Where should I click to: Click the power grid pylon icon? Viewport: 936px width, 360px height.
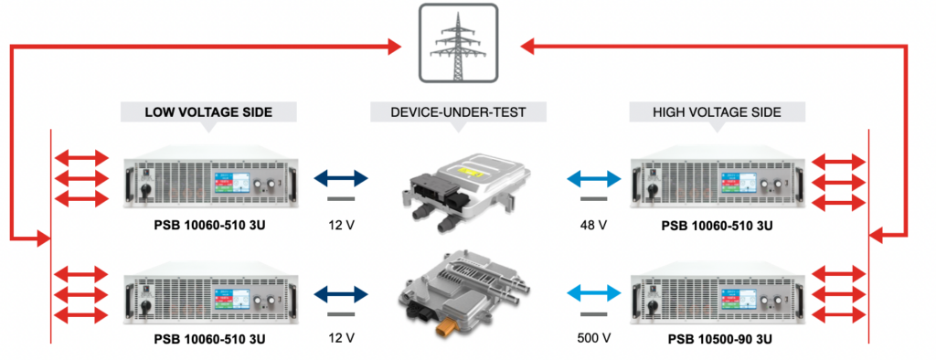[458, 44]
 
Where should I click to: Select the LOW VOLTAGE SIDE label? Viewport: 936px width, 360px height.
[208, 112]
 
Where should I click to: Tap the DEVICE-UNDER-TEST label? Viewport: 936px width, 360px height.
[458, 112]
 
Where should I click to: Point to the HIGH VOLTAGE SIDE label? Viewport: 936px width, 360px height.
[717, 112]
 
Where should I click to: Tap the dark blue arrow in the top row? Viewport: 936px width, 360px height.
[340, 176]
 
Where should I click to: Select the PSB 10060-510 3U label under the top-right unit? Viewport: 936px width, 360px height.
[717, 222]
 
